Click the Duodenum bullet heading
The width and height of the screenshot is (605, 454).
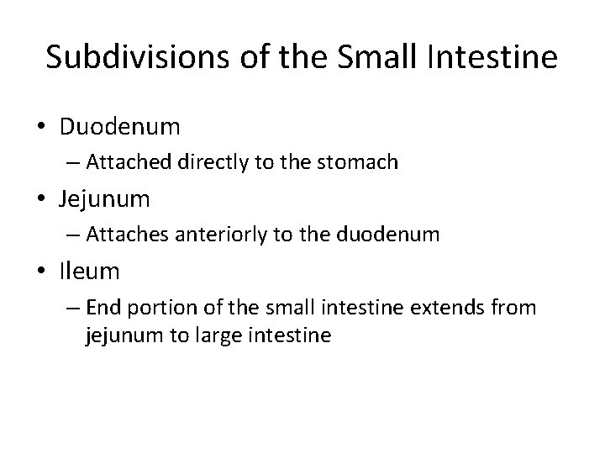[119, 127]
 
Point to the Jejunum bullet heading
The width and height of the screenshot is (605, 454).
[105, 199]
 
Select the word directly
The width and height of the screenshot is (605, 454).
[213, 162]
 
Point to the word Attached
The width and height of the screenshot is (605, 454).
[130, 162]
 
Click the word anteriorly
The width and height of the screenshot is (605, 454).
[222, 235]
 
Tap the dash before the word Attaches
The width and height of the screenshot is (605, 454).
[76, 235]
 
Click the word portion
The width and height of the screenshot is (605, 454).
[160, 307]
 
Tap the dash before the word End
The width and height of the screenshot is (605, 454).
[76, 308]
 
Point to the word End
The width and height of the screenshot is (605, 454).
[103, 307]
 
